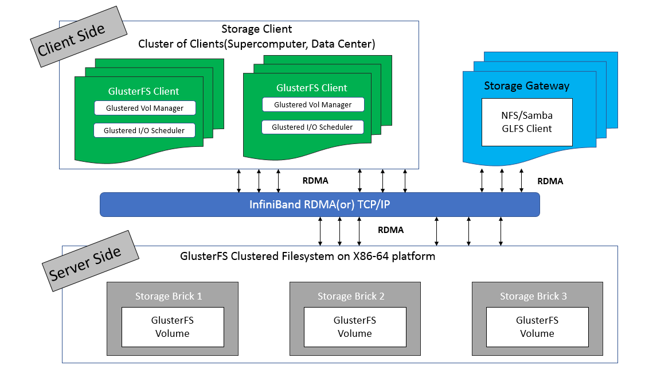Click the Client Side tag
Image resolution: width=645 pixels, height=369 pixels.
(x=72, y=39)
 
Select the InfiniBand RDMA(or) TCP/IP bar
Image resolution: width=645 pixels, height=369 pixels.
(x=319, y=204)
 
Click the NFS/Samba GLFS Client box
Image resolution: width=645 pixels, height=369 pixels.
(x=526, y=122)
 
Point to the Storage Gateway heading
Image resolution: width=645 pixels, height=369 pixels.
(x=526, y=86)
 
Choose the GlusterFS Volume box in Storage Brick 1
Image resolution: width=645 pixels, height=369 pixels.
(x=172, y=327)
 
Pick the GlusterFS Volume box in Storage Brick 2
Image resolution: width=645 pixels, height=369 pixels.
(x=354, y=327)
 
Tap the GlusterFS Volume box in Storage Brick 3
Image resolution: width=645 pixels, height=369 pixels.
(x=537, y=327)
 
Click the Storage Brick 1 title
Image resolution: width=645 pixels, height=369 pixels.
(x=169, y=296)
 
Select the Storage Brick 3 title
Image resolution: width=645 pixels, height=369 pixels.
(x=533, y=296)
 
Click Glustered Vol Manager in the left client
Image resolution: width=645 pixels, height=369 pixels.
(x=144, y=108)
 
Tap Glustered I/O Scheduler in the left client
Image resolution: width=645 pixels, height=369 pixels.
(x=144, y=130)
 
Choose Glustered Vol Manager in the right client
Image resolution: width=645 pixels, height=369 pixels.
(x=312, y=104)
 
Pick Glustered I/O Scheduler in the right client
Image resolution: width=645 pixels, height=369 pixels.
(x=312, y=127)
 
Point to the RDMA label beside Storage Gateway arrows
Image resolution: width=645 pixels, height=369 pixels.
(x=550, y=181)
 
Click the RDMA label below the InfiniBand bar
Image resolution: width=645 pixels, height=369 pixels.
(x=390, y=230)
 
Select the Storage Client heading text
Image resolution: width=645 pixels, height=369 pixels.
(x=256, y=29)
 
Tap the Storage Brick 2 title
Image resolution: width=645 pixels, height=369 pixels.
(x=351, y=296)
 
